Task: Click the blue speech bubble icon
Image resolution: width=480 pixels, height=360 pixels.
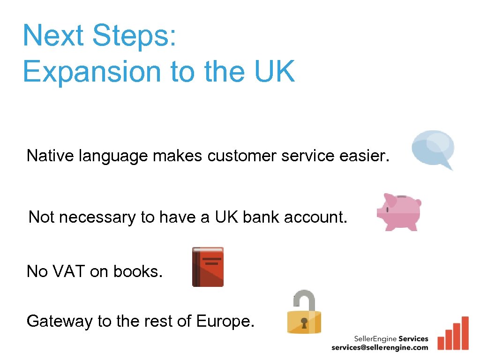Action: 433,149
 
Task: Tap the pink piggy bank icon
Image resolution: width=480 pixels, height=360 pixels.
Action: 400,211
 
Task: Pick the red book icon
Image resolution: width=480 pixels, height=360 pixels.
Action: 208,267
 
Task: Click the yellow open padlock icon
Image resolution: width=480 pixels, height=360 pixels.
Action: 304,313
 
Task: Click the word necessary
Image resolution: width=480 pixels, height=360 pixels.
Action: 97,217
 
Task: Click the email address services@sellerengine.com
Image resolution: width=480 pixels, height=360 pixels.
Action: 380,347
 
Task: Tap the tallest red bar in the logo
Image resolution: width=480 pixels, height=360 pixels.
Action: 465,333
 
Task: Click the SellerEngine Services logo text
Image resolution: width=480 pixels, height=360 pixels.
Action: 391,338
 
